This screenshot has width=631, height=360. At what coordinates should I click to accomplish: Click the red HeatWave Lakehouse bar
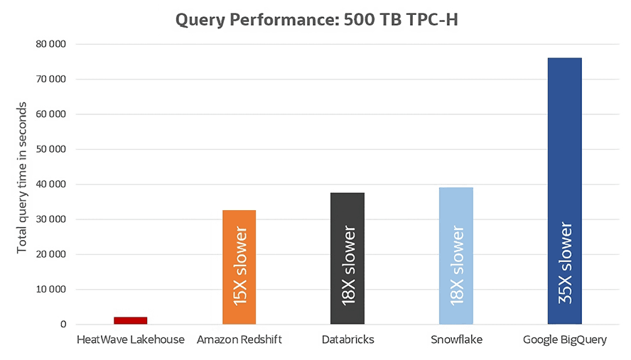pyautogui.click(x=131, y=320)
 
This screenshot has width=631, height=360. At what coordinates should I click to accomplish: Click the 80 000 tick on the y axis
pyautogui.click(x=50, y=44)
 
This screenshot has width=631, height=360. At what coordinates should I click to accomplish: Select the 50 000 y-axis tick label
pyautogui.click(x=50, y=149)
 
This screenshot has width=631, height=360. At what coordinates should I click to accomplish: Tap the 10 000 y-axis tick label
pyautogui.click(x=50, y=290)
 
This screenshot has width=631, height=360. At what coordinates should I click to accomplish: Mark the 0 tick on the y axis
pyautogui.click(x=63, y=324)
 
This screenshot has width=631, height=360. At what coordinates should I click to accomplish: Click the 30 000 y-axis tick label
pyautogui.click(x=50, y=219)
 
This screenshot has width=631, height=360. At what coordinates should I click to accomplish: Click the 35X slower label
pyautogui.click(x=565, y=262)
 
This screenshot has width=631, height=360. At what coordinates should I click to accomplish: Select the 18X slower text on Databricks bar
pyautogui.click(x=348, y=266)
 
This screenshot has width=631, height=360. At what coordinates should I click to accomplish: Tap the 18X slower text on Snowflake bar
pyautogui.click(x=457, y=266)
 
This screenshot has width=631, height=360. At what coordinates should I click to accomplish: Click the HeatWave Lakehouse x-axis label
pyautogui.click(x=131, y=340)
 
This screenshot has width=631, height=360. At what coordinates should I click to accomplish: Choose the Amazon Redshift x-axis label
pyautogui.click(x=239, y=340)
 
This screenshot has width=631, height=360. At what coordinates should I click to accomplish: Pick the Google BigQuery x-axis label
pyautogui.click(x=565, y=340)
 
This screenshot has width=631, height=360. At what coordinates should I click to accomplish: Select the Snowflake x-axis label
pyautogui.click(x=456, y=340)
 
